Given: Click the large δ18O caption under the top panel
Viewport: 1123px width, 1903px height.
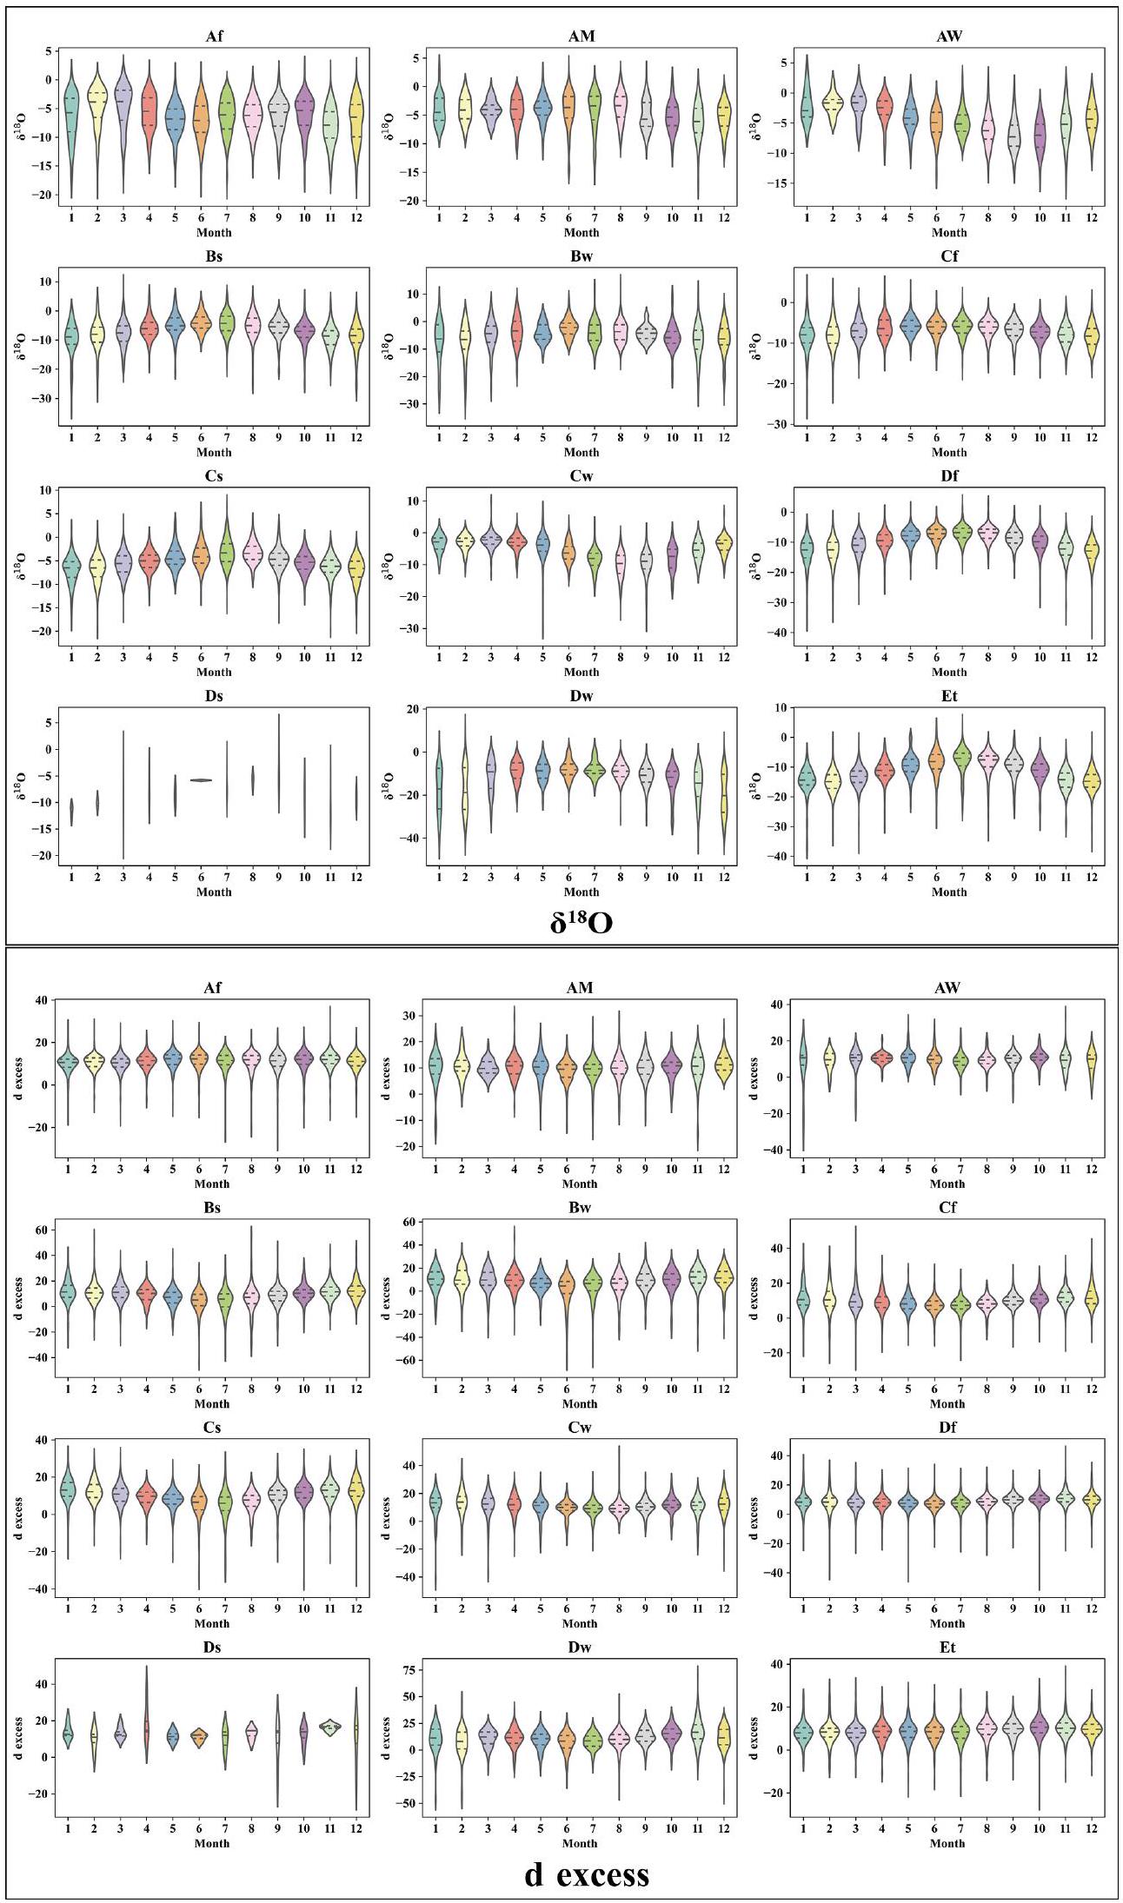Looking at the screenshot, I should click(581, 921).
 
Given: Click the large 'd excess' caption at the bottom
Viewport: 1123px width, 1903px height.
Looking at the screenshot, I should click(587, 1873).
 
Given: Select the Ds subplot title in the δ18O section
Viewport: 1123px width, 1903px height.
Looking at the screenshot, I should click(214, 696).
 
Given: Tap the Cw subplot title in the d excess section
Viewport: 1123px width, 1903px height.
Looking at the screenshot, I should click(580, 1428).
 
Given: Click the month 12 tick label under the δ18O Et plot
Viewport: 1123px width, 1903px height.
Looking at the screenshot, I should click(1092, 877).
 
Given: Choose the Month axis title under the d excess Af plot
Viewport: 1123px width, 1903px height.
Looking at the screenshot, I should click(212, 1184).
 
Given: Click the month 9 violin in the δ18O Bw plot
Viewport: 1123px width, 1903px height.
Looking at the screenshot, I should click(646, 334).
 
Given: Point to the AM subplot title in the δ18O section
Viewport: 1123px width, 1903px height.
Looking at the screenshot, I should click(581, 36).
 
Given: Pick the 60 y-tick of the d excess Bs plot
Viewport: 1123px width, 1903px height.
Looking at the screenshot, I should click(39, 1230).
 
